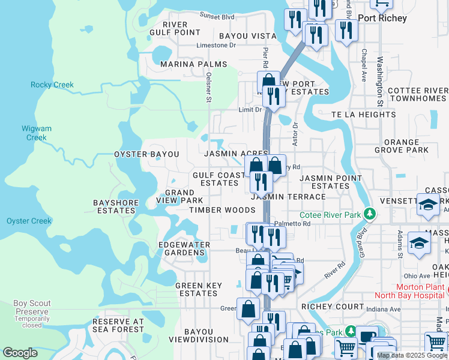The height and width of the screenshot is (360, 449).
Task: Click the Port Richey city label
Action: tap(382, 18)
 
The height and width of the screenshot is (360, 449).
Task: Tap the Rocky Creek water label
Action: tap(52, 85)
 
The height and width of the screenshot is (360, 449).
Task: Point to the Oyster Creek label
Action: tap(29, 221)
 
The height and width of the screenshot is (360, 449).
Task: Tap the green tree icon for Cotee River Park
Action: tap(371, 214)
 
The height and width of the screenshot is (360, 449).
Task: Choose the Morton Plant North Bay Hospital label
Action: tap(411, 291)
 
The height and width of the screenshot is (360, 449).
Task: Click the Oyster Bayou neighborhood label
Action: tap(146, 154)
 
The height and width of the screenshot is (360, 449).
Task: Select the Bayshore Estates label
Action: tap(116, 206)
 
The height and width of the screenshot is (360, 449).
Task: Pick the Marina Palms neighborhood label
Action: tap(193, 64)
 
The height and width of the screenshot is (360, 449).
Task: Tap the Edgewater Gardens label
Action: tap(184, 248)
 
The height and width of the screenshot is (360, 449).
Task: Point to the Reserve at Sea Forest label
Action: tap(118, 325)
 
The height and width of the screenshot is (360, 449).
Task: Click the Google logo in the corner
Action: tap(20, 353)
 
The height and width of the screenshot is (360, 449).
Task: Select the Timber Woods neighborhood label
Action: tap(222, 210)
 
